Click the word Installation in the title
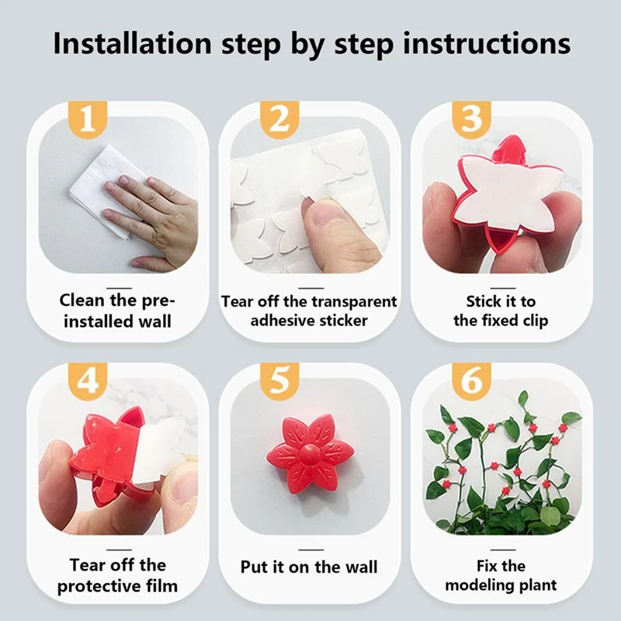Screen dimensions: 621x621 point(133,43)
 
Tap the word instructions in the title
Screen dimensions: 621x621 point(487,43)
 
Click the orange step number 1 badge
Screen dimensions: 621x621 point(88,120)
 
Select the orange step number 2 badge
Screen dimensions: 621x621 point(279,120)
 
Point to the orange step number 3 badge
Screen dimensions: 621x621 point(472,120)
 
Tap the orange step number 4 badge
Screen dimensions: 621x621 point(88,381)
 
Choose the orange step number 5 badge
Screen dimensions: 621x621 point(279,381)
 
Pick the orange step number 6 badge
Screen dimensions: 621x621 point(472,381)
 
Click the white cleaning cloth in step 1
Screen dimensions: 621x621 point(104,190)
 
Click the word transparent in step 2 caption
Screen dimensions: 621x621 point(352,302)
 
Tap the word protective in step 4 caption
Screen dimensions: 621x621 point(91,587)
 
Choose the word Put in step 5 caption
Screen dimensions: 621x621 point(255,567)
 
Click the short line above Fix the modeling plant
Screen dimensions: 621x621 point(503,550)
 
